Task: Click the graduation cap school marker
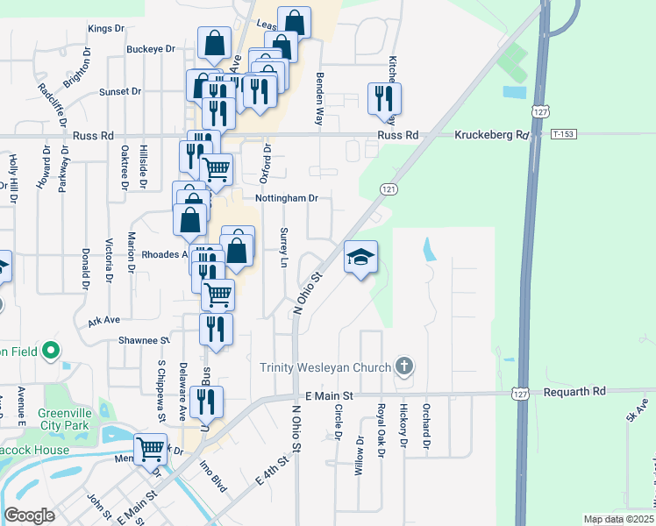tap(360, 257)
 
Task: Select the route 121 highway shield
tap(389, 189)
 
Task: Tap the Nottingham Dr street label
tap(285, 198)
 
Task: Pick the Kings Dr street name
tap(106, 29)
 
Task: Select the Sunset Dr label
tap(120, 91)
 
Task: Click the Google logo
tap(29, 515)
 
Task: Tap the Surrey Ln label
tap(283, 249)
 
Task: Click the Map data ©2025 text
tap(618, 520)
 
